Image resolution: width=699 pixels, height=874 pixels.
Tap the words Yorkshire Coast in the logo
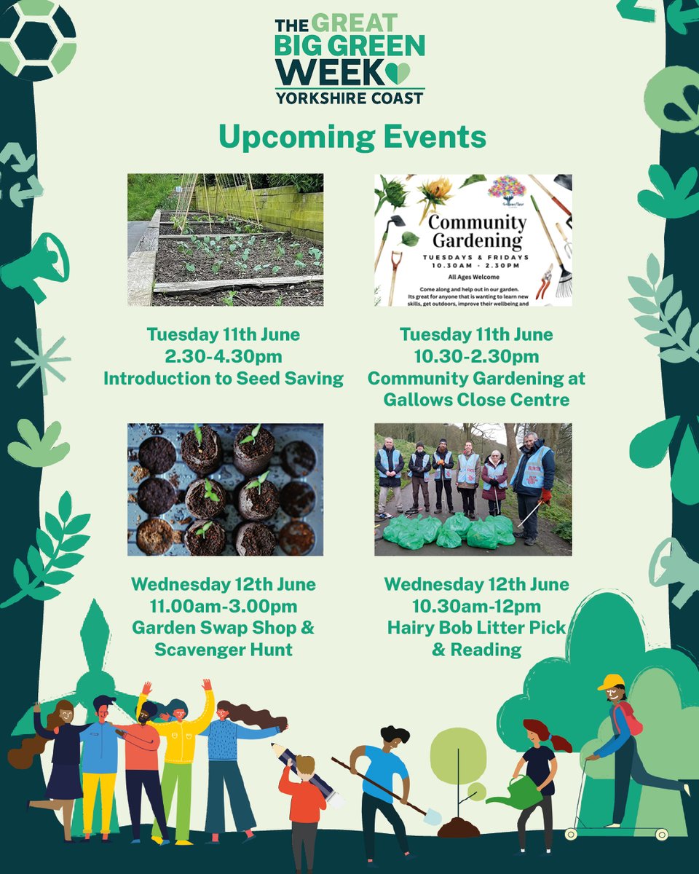coord(349,98)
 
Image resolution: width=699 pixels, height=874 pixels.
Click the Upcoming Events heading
coord(352,137)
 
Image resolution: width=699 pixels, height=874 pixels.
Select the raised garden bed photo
coord(225,240)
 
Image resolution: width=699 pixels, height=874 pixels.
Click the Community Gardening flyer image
coord(473,240)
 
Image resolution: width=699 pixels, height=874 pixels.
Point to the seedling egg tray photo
coord(225,489)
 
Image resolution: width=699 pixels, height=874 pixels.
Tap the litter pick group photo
coord(473,489)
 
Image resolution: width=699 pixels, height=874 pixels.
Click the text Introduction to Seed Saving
coord(224,379)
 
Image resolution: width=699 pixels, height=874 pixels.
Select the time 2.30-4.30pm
coord(224,357)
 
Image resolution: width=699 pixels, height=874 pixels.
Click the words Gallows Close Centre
coord(477,400)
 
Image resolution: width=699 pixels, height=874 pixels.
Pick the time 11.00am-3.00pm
coord(224,606)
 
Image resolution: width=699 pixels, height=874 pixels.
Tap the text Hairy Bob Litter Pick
coord(477,627)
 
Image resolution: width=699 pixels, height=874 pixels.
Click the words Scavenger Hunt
coord(224,649)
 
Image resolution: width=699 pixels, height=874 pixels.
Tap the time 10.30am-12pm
coord(477,606)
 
